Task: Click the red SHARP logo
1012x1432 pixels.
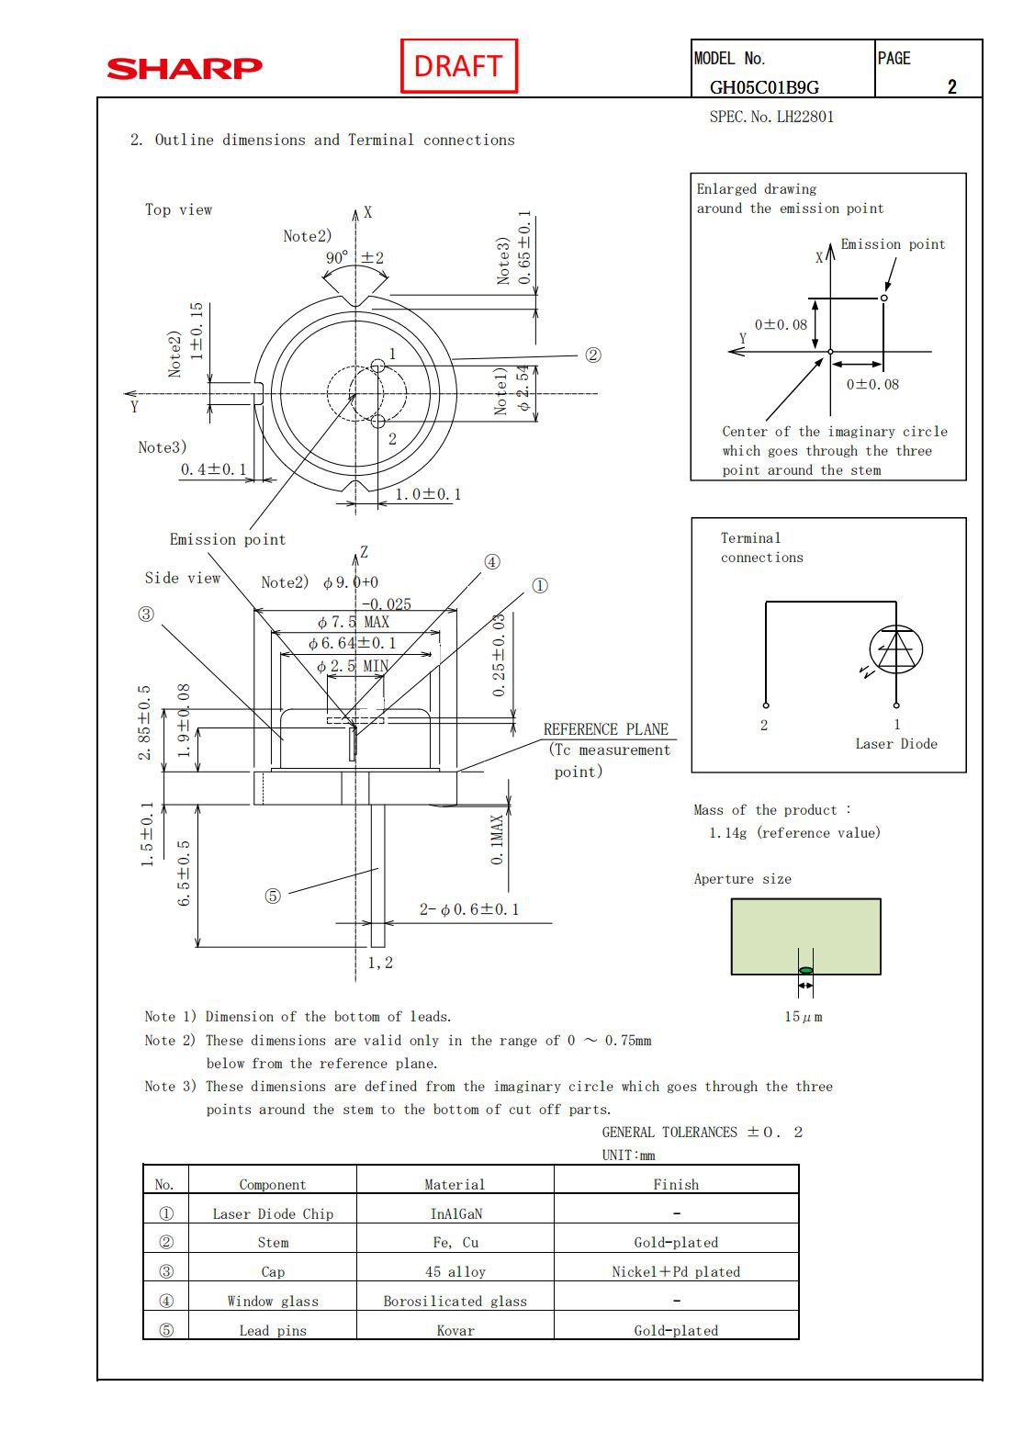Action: tap(185, 68)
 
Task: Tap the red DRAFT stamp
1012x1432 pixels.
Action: tap(458, 66)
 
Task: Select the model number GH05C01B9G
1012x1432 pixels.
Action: tap(764, 87)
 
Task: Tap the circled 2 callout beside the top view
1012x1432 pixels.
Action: tap(593, 355)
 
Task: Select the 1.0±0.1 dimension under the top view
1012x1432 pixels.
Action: tap(428, 494)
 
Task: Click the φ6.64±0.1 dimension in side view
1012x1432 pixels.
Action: tap(353, 643)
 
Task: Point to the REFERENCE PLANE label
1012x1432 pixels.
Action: tap(606, 729)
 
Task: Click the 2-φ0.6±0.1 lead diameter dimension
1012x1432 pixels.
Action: tap(469, 909)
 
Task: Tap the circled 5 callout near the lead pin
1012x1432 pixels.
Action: tap(273, 896)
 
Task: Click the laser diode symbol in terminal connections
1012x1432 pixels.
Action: tap(896, 650)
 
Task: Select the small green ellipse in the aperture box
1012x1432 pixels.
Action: tap(805, 971)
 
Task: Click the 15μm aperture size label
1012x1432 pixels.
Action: tap(804, 1017)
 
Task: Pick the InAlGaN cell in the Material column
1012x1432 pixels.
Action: tap(455, 1213)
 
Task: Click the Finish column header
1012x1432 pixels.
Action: tap(676, 1184)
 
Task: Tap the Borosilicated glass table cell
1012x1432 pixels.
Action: tap(455, 1301)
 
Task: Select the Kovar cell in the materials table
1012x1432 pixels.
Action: tap(455, 1330)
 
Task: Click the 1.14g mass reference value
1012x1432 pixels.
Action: tap(794, 833)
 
